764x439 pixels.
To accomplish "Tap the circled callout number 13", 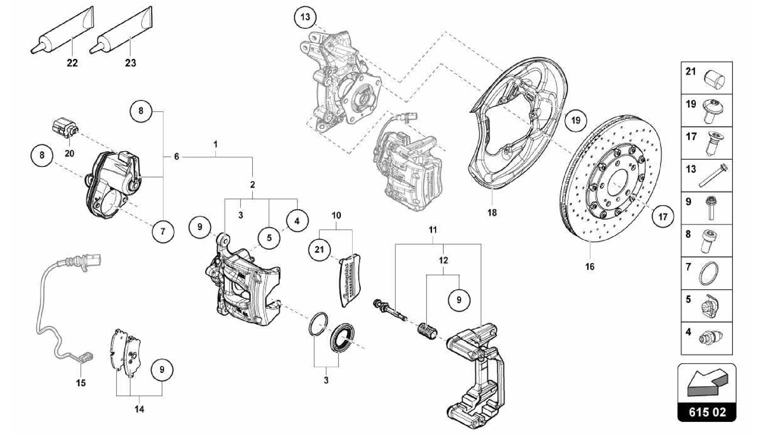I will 305,17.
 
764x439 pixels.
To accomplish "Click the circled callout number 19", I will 576,120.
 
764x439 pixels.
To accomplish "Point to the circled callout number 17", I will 663,216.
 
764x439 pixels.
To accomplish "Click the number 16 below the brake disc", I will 590,267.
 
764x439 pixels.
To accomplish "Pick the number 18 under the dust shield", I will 492,213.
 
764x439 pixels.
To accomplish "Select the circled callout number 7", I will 163,231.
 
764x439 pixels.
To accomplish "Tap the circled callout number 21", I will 319,249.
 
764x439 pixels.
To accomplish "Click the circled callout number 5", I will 269,238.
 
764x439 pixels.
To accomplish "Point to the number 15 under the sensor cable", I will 81,383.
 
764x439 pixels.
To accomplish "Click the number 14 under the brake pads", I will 139,409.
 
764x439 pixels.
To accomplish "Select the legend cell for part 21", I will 707,78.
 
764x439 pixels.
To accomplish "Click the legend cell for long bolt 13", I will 707,176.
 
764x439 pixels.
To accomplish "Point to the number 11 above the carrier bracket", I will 432,230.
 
